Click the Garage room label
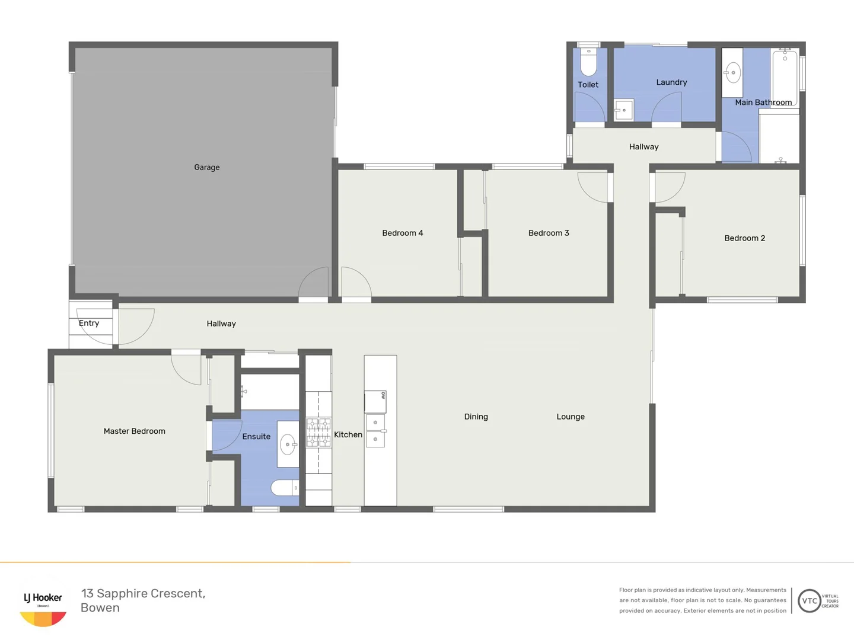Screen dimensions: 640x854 (206, 168)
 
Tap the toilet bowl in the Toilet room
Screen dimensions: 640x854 (588, 63)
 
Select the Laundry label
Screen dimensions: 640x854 (671, 82)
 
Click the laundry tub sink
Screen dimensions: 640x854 (623, 110)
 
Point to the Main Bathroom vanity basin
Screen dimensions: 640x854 (732, 73)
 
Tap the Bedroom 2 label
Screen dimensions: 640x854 (744, 238)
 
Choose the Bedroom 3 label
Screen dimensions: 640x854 (549, 233)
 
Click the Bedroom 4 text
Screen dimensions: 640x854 (402, 233)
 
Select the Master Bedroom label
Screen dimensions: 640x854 (134, 431)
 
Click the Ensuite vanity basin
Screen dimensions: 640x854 (288, 444)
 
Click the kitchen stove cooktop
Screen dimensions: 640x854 (318, 433)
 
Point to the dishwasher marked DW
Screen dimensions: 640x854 (375, 401)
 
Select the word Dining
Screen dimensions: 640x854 (476, 417)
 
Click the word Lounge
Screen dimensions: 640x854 (571, 417)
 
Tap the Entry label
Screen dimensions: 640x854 (89, 323)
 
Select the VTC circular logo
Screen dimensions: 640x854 (810, 601)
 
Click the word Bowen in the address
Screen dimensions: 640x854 (100, 608)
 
